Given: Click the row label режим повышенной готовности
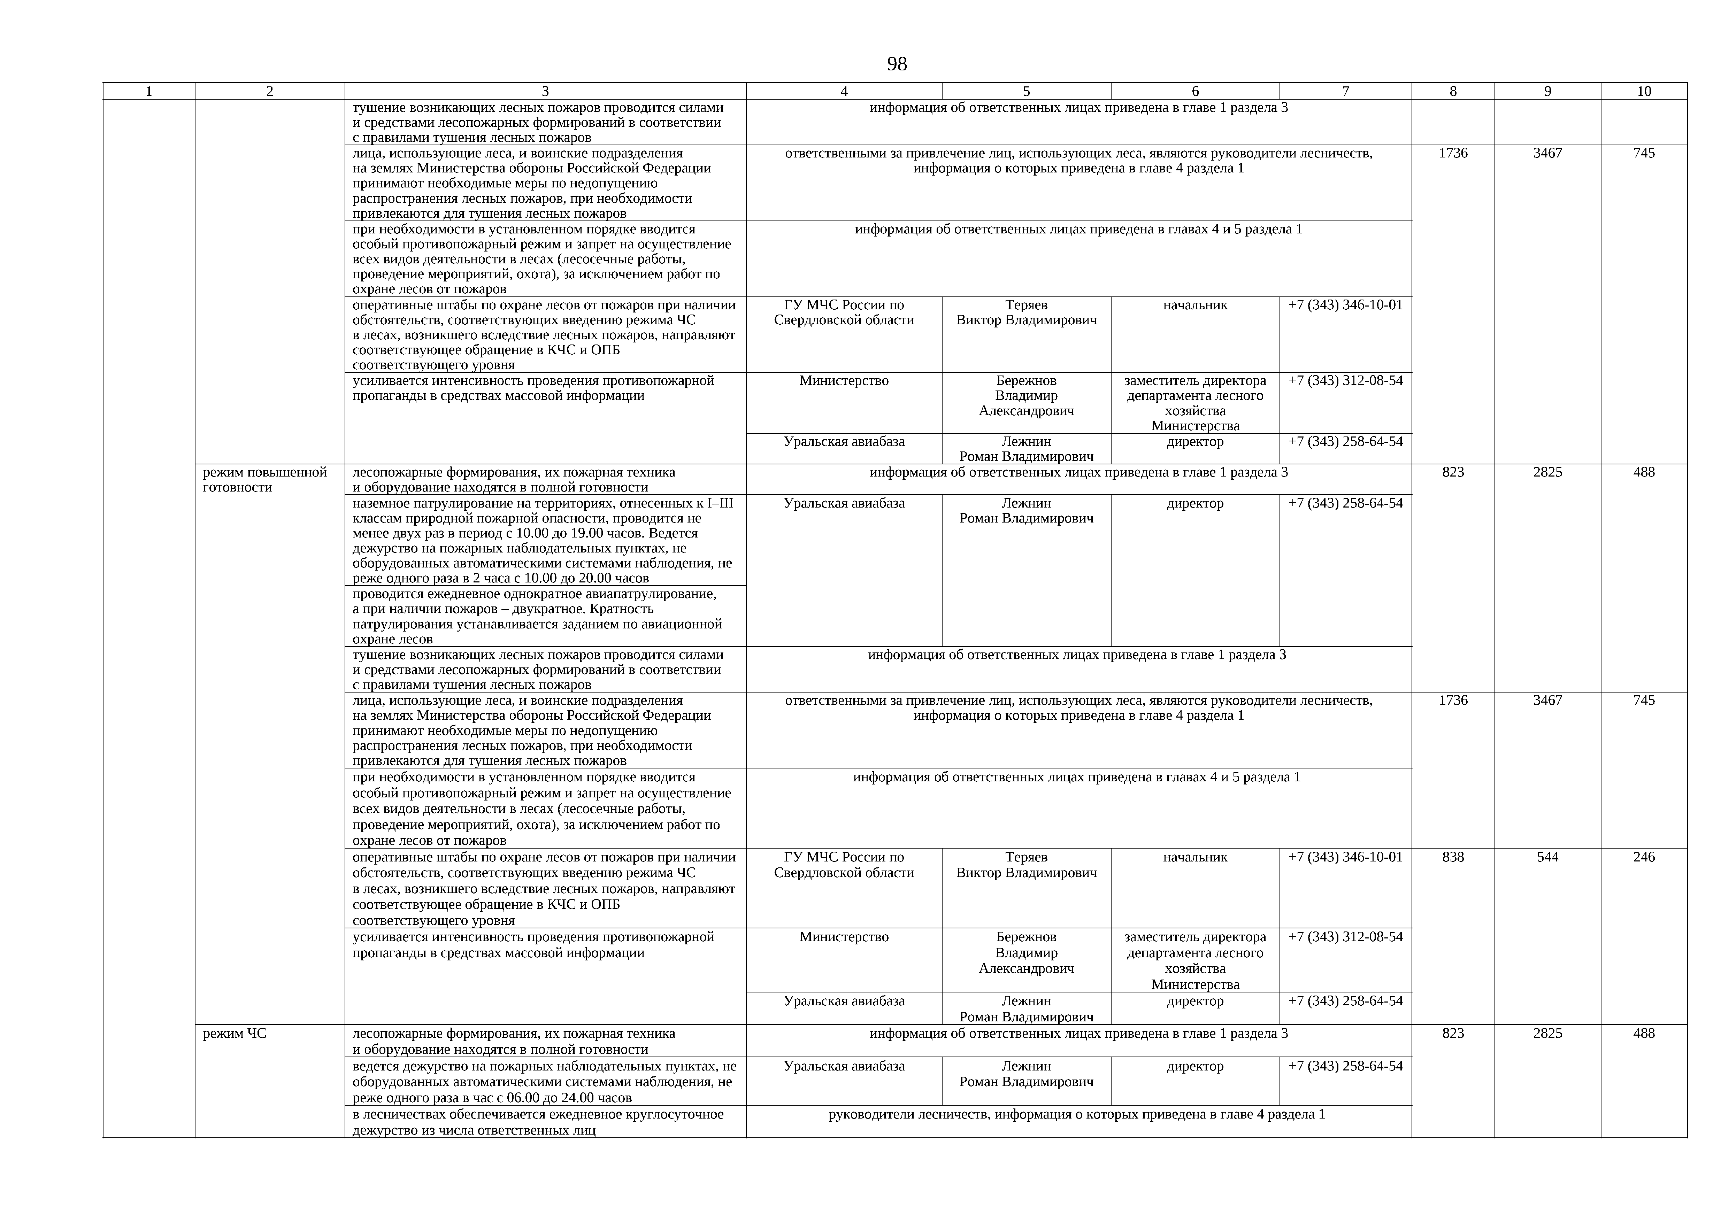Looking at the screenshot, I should pyautogui.click(x=265, y=480).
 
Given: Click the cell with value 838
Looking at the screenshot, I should pyautogui.click(x=1453, y=857).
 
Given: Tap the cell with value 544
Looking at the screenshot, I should pyautogui.click(x=1547, y=857).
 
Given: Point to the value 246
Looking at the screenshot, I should pyautogui.click(x=1644, y=857).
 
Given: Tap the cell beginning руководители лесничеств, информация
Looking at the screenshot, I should pyautogui.click(x=1077, y=1114).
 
